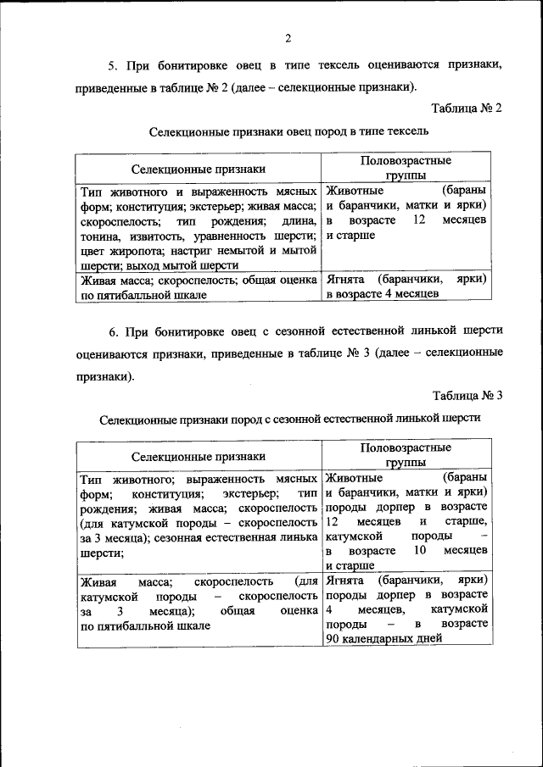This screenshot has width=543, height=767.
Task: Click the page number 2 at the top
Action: (288, 38)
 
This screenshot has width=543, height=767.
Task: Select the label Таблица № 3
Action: (467, 395)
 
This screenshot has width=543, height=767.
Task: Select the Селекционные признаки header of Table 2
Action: (198, 168)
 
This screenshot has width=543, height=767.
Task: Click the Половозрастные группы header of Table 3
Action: (406, 454)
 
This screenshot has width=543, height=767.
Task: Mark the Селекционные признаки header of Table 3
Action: (198, 456)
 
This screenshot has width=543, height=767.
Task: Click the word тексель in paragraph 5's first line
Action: (316, 64)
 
